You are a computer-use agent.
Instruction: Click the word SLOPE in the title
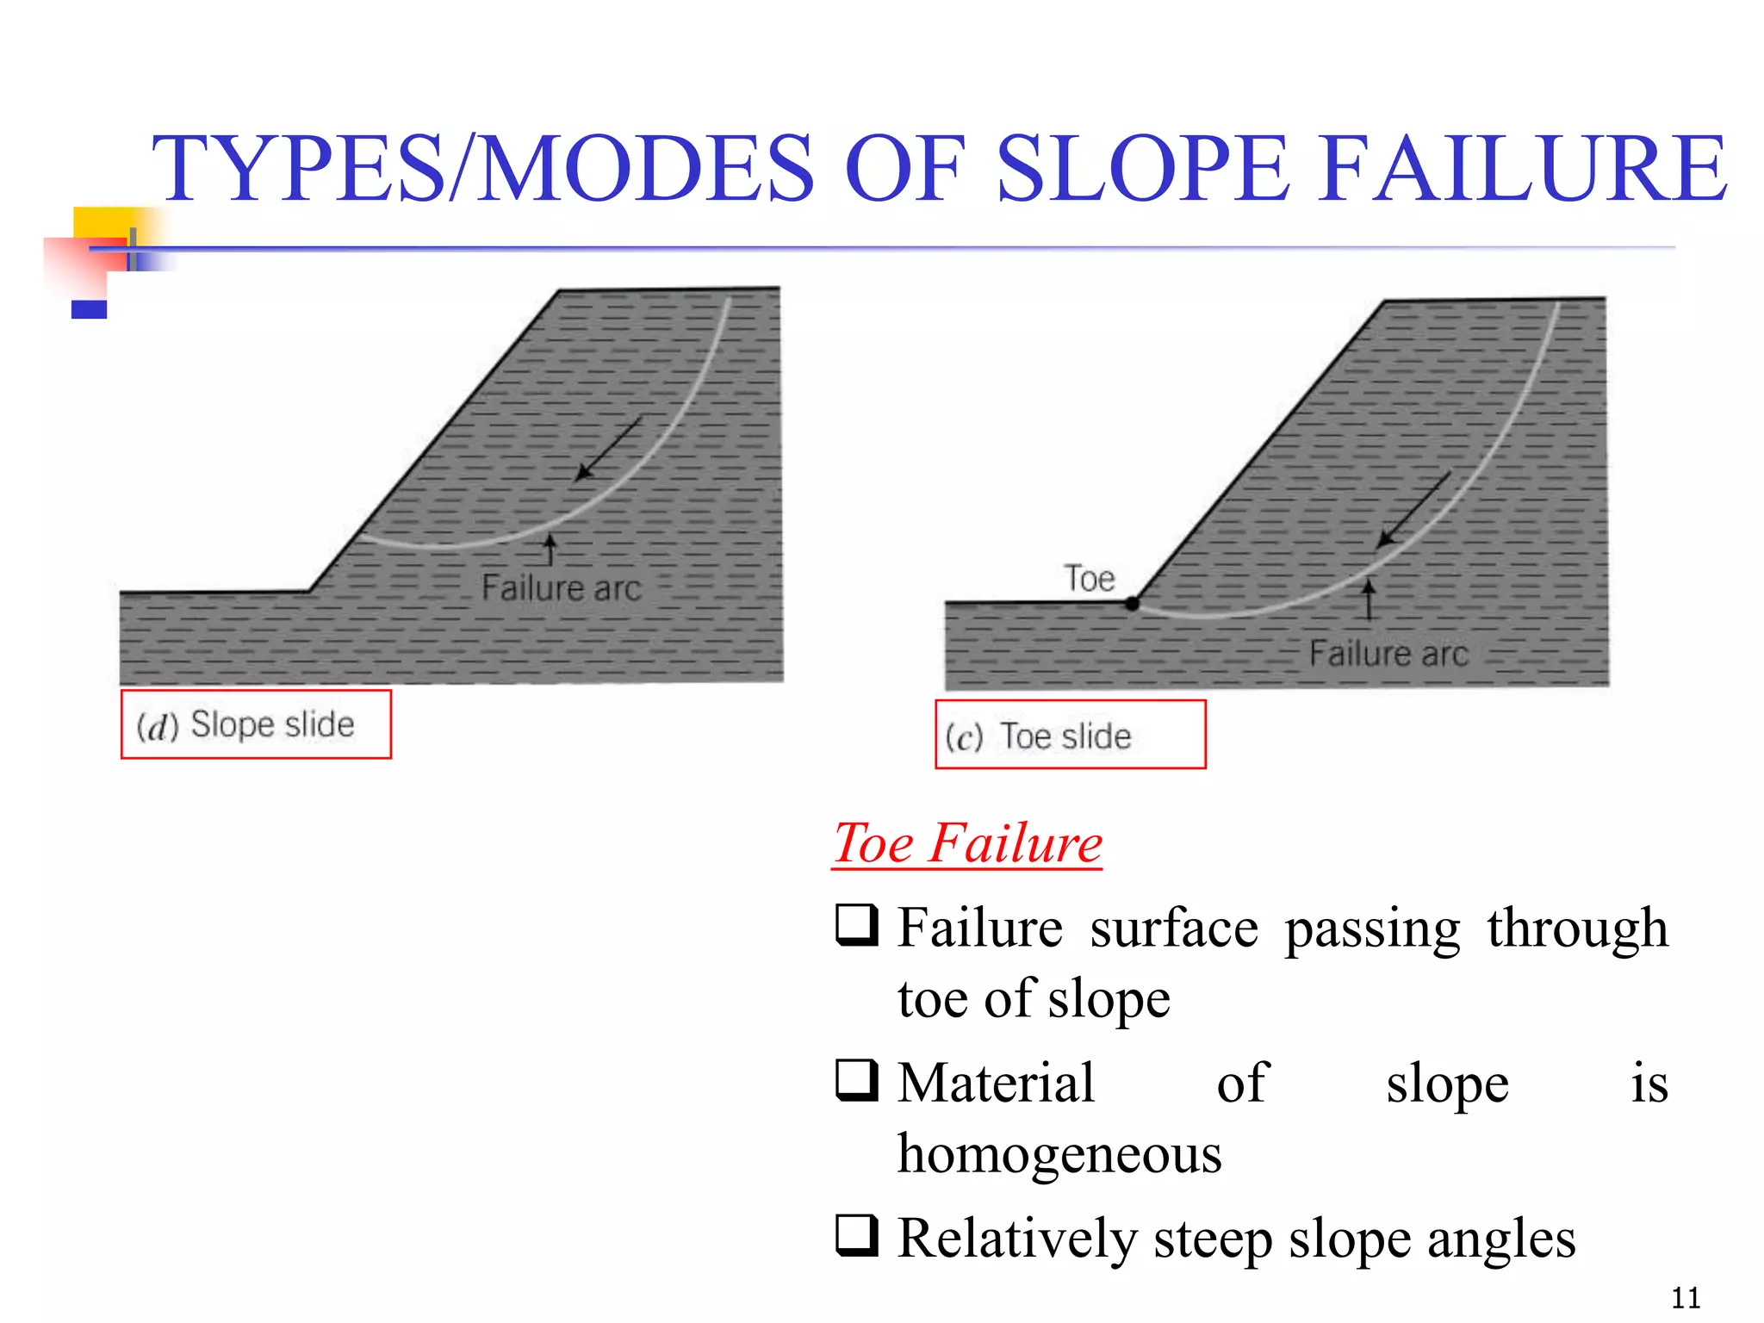click(1142, 169)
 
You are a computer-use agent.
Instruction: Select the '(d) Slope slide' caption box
click(256, 724)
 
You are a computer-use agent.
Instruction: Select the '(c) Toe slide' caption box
click(1070, 735)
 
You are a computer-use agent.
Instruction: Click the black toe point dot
click(1133, 604)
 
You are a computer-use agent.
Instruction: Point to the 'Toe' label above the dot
click(1090, 578)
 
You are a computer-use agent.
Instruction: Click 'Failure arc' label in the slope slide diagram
click(561, 588)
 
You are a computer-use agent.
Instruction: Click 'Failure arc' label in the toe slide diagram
click(1388, 654)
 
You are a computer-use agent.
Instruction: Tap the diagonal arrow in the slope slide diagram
click(608, 449)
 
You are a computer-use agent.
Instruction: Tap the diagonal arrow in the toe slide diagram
click(1413, 509)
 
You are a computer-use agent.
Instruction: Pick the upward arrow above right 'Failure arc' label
click(1369, 599)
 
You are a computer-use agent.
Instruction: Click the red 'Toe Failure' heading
click(968, 843)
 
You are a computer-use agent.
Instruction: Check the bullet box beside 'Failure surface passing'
click(857, 926)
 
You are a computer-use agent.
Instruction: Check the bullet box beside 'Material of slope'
click(857, 1080)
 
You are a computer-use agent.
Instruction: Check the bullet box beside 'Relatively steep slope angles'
click(857, 1235)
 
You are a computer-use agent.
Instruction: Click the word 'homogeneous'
click(1059, 1153)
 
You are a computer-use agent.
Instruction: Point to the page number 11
click(1686, 1297)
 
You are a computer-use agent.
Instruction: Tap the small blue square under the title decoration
click(89, 309)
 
